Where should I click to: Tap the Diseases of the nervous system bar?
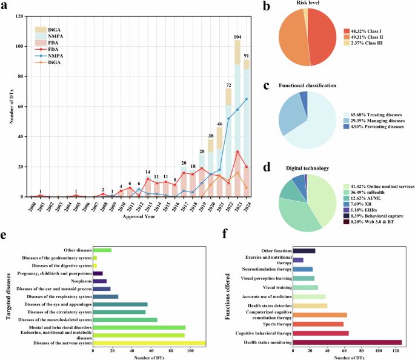[x=154, y=343]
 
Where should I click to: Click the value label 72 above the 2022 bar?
[x=228, y=85]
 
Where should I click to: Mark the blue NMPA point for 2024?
[x=246, y=99]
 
